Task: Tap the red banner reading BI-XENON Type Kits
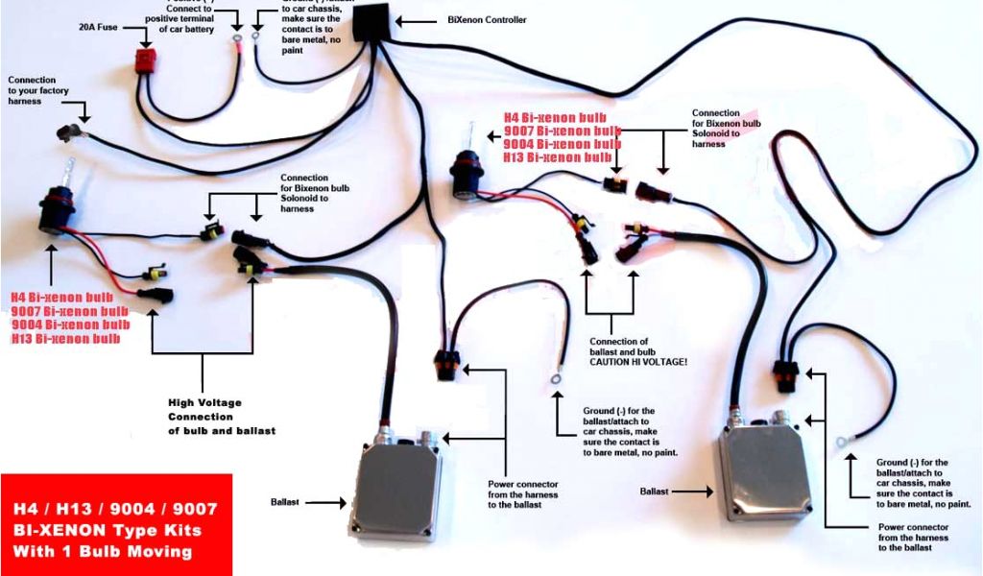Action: point(115,525)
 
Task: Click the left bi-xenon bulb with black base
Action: point(56,211)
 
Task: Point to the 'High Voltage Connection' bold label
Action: point(206,416)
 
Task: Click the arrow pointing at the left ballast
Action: point(326,501)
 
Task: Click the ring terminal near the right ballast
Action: point(841,442)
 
